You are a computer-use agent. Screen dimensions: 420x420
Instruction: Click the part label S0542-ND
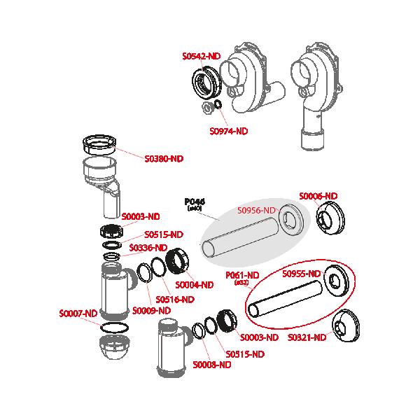(202, 55)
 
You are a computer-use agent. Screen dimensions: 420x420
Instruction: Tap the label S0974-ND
(229, 131)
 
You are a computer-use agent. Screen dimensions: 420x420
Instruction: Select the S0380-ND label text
(164, 159)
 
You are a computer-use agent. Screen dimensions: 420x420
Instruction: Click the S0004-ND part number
(194, 285)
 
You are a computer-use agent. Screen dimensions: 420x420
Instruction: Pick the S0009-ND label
(152, 310)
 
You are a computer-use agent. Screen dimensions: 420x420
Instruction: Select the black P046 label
(195, 201)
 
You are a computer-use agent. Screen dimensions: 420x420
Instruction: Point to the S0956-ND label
(258, 209)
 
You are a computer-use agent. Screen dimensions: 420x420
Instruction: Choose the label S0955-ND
(302, 273)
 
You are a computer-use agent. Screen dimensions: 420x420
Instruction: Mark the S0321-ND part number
(307, 337)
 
